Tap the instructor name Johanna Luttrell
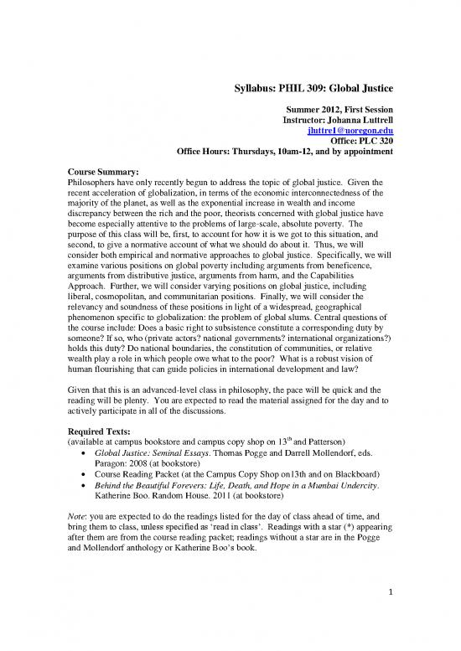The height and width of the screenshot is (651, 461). (x=360, y=120)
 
